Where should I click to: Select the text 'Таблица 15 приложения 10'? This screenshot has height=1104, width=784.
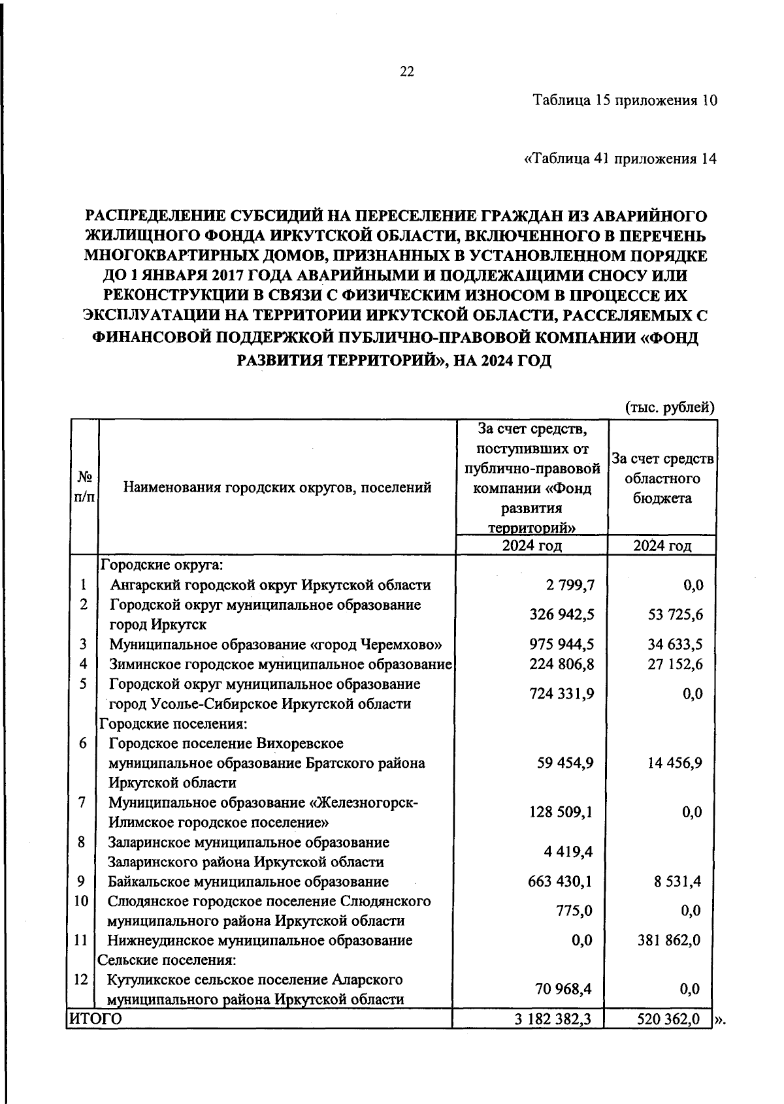click(625, 101)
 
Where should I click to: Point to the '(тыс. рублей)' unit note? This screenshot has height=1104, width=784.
click(670, 407)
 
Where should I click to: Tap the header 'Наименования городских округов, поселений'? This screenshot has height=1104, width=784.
click(278, 487)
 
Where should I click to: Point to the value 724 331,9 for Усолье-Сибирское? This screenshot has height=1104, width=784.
click(561, 693)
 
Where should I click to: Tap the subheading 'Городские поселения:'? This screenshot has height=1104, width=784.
click(172, 723)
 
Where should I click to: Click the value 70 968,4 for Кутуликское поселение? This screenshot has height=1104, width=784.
click(564, 989)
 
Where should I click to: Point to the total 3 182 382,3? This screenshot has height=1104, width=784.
click(553, 1018)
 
